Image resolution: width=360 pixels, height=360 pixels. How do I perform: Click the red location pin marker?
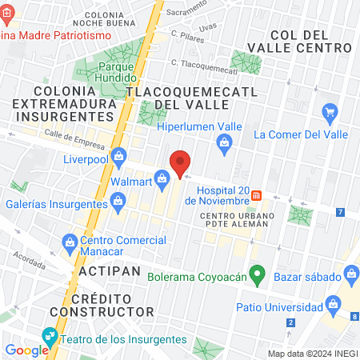click(x=181, y=162)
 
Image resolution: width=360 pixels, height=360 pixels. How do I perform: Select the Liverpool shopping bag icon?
click(x=118, y=155)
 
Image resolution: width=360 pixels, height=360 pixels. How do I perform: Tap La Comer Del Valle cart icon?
click(x=328, y=111)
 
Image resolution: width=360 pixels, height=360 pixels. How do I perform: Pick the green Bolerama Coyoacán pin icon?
click(x=257, y=275)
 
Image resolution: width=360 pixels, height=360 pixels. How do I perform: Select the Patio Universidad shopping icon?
click(x=330, y=303)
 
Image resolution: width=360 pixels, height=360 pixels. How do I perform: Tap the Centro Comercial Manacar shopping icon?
click(x=70, y=241)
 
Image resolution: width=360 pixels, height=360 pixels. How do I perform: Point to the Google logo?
click(x=26, y=350)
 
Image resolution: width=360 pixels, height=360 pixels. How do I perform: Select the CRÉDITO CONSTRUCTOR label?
click(x=101, y=303)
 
